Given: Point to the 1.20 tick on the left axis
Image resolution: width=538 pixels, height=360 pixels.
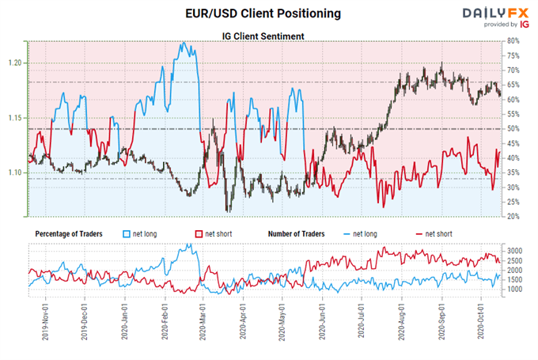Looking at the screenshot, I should [16, 63].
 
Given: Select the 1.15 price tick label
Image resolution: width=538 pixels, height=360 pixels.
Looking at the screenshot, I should [16, 118].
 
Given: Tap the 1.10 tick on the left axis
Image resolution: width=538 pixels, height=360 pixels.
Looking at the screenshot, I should [16, 172].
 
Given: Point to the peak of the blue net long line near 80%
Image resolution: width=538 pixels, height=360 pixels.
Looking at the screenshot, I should [184, 43].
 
